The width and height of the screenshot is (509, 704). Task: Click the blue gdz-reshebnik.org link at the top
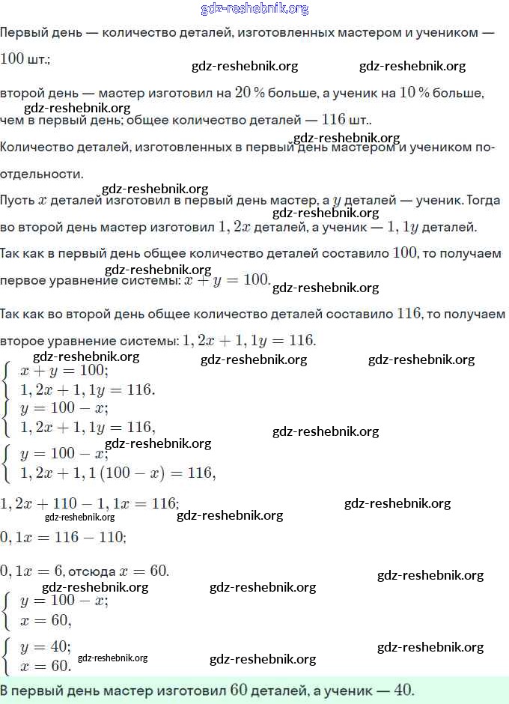[254, 9]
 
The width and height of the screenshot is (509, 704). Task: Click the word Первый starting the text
[20, 33]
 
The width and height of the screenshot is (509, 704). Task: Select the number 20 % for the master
[250, 93]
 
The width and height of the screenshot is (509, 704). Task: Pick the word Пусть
[17, 201]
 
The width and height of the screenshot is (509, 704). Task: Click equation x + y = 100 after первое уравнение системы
[227, 280]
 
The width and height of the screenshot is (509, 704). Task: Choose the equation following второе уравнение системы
[249, 341]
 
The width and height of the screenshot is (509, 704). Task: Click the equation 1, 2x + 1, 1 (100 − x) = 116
[118, 473]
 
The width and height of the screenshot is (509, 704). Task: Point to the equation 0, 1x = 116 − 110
[63, 538]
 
